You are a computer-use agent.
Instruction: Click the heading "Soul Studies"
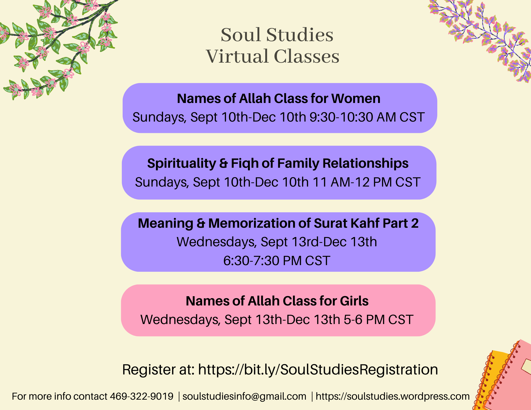(277, 35)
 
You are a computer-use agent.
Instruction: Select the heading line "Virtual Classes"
(273, 56)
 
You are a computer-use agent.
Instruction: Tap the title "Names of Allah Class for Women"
(279, 98)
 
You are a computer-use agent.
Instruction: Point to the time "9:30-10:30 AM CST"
(367, 117)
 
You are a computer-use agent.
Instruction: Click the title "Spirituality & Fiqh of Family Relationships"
(278, 163)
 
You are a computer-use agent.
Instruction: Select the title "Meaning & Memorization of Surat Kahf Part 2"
(278, 223)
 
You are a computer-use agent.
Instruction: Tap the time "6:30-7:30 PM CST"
(277, 261)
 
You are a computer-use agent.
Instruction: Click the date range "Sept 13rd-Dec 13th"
(319, 242)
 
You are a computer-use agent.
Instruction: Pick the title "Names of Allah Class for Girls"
(277, 301)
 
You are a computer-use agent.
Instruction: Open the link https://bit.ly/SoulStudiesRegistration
(318, 370)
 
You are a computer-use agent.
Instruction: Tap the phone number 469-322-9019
(142, 396)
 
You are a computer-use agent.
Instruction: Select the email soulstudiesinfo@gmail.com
(244, 396)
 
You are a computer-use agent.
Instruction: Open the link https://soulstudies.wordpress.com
(393, 396)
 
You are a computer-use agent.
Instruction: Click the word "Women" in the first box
(356, 98)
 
